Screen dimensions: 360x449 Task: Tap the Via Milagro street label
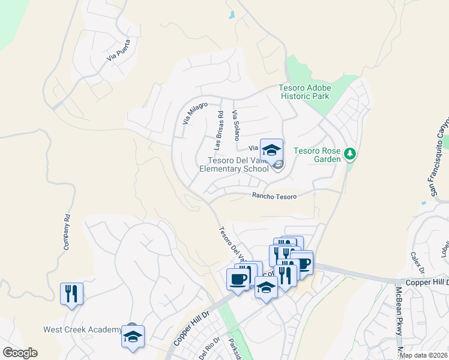click(195, 113)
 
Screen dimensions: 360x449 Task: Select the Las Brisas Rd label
click(219, 130)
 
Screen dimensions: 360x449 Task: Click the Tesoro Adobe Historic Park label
click(305, 92)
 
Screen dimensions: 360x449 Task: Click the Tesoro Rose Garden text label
click(317, 155)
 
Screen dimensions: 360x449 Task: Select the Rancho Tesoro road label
click(274, 196)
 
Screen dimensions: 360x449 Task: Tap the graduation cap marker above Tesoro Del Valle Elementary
click(271, 149)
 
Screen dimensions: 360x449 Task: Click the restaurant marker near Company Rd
click(71, 294)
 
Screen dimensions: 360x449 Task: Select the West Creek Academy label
click(82, 330)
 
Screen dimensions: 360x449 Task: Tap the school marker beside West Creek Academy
click(133, 335)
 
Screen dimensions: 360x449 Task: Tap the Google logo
click(20, 353)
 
